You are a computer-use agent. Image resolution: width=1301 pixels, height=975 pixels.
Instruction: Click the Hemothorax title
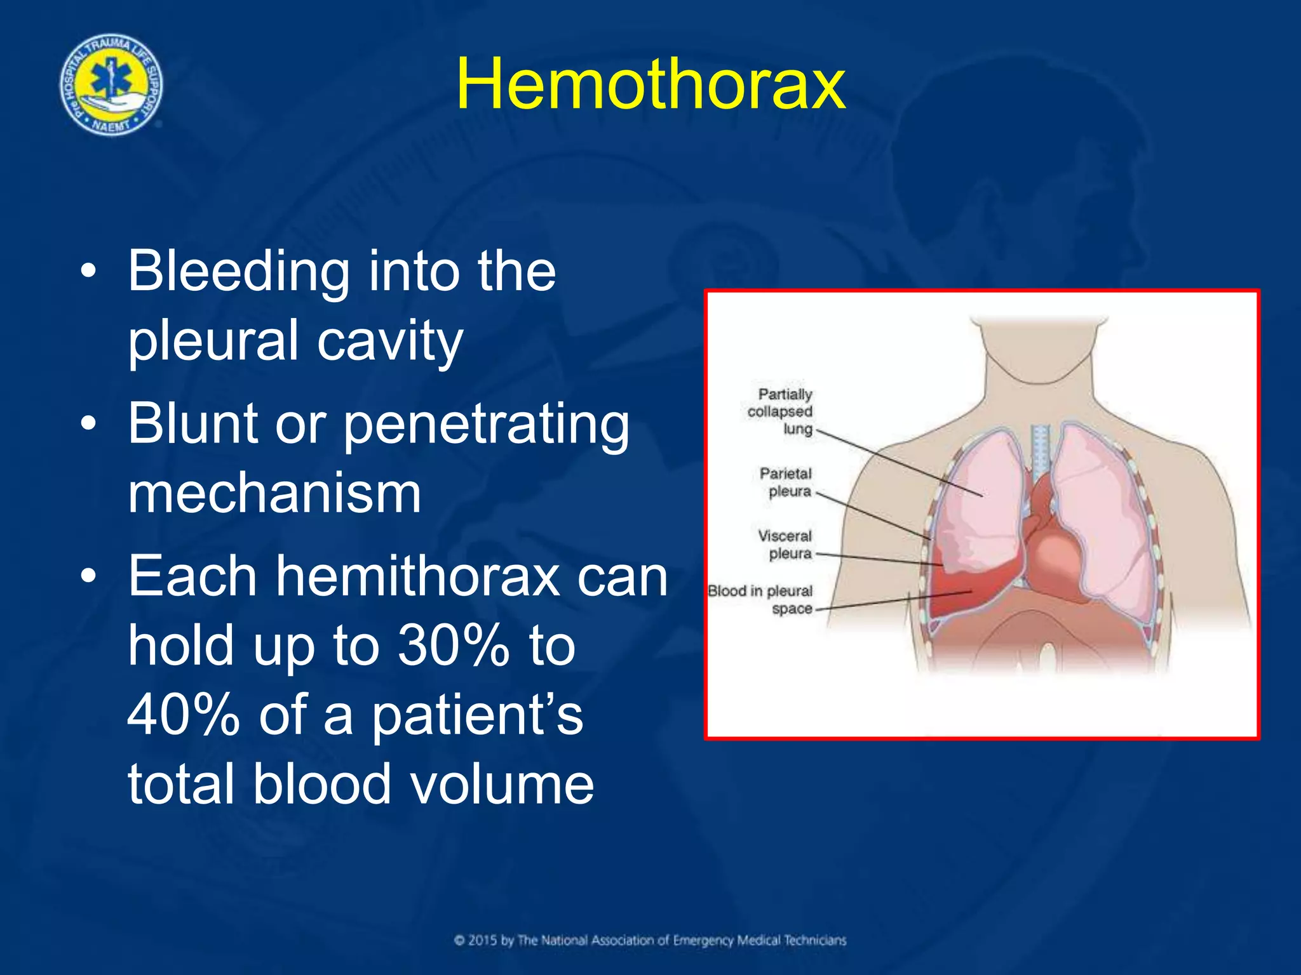[650, 84]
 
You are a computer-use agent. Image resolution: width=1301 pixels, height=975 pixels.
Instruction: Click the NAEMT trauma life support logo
[111, 85]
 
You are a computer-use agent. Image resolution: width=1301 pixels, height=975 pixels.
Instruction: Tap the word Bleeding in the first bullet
[238, 272]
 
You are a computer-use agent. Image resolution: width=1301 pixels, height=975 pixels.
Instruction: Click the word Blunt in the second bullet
[192, 423]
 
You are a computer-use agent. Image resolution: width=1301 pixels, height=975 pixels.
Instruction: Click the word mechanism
[274, 493]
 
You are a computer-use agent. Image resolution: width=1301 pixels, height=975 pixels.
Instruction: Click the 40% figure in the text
[183, 715]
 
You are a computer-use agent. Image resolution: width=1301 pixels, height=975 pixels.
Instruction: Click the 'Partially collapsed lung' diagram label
[780, 411]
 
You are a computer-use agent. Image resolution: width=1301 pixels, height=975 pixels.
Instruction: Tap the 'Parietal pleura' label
[786, 482]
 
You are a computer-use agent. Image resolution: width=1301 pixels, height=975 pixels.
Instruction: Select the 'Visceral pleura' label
[785, 545]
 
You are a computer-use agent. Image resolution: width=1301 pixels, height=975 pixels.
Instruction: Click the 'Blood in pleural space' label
[761, 599]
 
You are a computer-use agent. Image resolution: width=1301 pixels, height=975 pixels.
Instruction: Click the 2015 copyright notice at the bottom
[650, 940]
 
